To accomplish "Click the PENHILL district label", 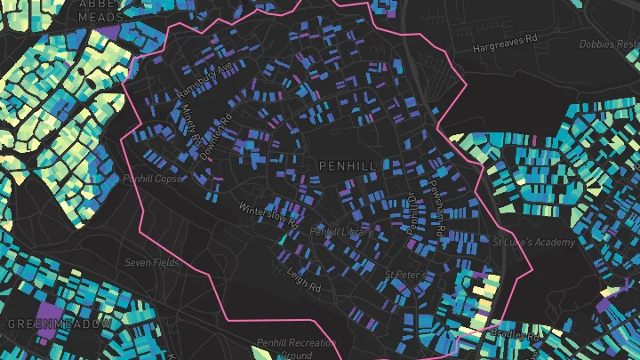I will [347, 166].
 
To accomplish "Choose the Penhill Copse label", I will [153, 179].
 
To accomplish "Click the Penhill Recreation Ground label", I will [294, 348].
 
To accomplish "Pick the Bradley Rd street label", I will [515, 336].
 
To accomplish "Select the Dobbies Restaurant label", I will [609, 44].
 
